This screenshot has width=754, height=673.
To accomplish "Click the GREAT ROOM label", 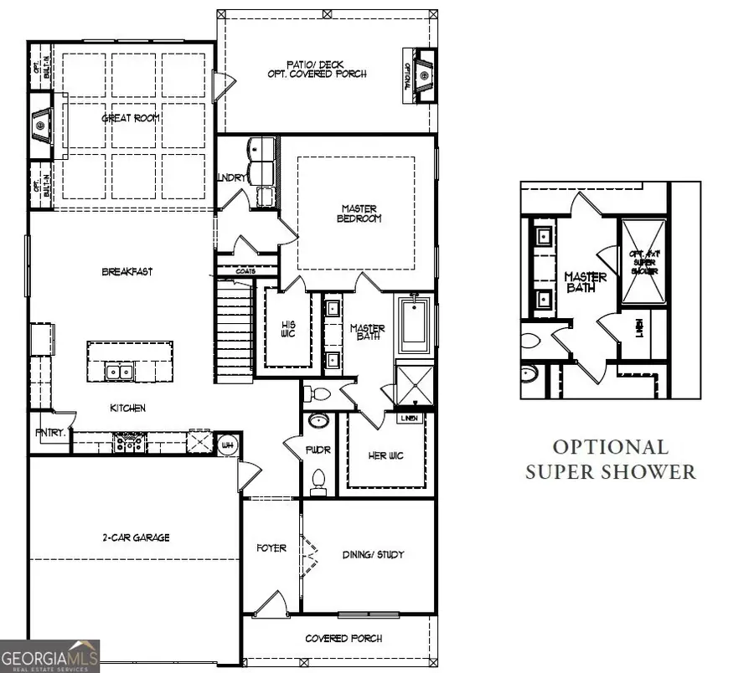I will [131, 118].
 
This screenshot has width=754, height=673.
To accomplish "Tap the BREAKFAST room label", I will [127, 271].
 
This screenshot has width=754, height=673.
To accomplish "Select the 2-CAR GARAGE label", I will [136, 537].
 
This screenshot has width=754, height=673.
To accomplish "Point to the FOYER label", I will [271, 548].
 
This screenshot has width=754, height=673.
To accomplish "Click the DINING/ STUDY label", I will [374, 554].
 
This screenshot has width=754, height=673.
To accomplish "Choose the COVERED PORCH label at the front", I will [343, 639].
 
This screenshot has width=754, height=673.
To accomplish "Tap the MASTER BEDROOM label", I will [359, 213].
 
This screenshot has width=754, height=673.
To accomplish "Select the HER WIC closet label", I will [388, 456].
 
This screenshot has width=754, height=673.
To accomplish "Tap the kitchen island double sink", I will [118, 372].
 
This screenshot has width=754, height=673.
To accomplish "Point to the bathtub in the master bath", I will [413, 327].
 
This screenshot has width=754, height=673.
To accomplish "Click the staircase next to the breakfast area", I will [235, 331].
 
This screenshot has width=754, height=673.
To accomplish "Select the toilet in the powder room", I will [318, 480].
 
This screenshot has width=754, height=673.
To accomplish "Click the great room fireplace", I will [41, 126].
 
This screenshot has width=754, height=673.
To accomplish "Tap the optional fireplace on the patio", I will [424, 76].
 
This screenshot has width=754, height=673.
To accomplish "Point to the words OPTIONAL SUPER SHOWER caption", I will [610, 460].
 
